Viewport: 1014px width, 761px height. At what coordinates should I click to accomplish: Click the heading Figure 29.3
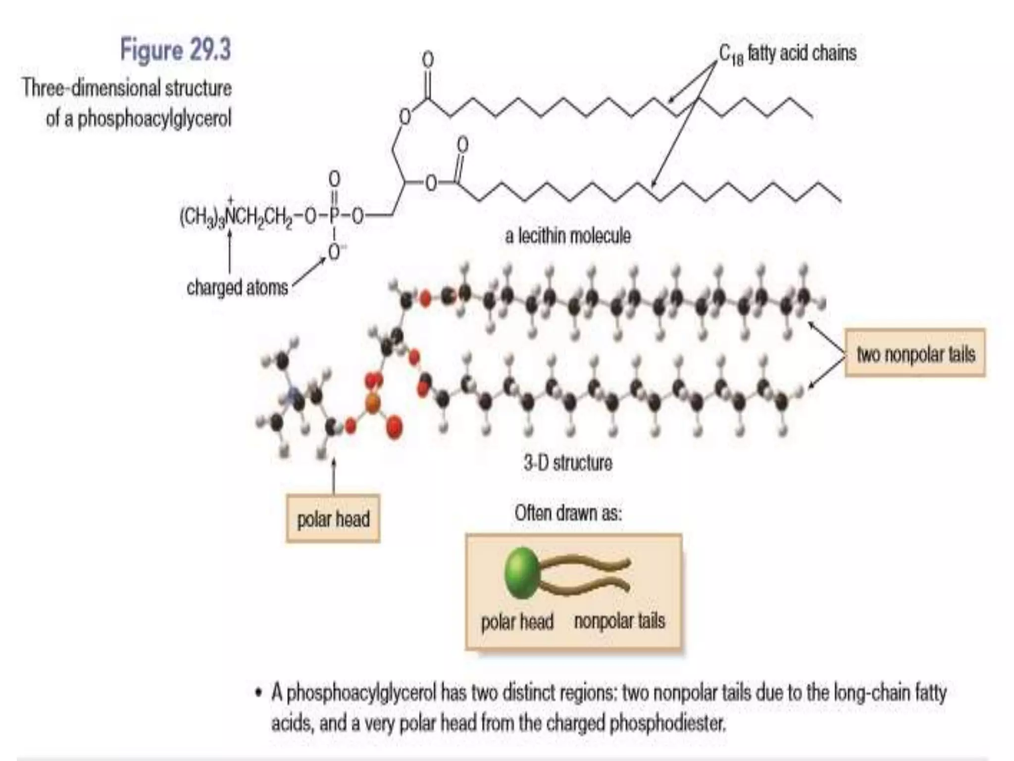tap(175, 50)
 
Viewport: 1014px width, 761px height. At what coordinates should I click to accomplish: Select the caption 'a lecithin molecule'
tap(568, 236)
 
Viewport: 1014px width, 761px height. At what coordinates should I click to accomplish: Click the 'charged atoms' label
tap(237, 287)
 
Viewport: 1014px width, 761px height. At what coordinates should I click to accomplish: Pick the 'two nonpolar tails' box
tap(915, 354)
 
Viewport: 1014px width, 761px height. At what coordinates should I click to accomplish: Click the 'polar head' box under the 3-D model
tap(333, 519)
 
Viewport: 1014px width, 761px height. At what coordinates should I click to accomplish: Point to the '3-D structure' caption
tap(568, 463)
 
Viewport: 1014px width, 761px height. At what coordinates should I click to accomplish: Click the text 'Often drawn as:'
tap(568, 513)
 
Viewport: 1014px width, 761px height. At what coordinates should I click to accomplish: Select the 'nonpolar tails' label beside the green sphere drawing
tap(619, 621)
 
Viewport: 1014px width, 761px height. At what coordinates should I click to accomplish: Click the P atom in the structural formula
tap(334, 216)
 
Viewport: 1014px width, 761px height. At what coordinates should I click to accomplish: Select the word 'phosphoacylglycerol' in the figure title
tap(154, 118)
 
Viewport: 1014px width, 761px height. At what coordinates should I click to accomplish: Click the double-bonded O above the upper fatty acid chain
tap(428, 60)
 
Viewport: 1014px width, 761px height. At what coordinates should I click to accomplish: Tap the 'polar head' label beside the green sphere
tap(517, 621)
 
